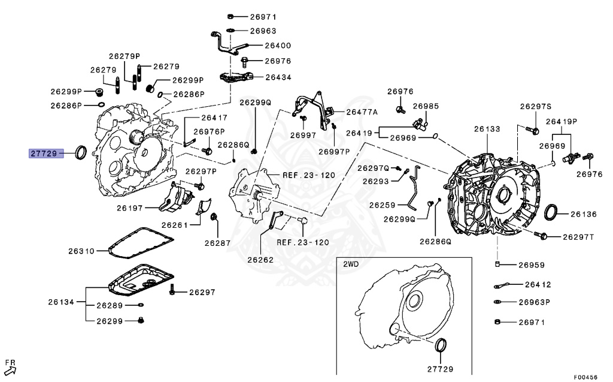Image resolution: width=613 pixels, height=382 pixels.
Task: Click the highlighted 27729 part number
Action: tap(44, 154)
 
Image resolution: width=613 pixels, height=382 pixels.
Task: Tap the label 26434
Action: tap(278, 77)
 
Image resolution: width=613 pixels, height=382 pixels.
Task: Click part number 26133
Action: tap(487, 129)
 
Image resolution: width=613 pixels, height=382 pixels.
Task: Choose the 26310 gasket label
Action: tap(81, 251)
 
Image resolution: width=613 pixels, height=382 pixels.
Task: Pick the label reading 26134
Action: tap(62, 302)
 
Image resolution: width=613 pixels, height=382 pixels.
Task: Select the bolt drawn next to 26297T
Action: tap(542, 236)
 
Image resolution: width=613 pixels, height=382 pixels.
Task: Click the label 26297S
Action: tap(535, 107)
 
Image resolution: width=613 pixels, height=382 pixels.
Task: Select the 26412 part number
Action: tap(538, 285)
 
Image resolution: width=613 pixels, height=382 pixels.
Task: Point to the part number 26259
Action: tap(382, 205)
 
